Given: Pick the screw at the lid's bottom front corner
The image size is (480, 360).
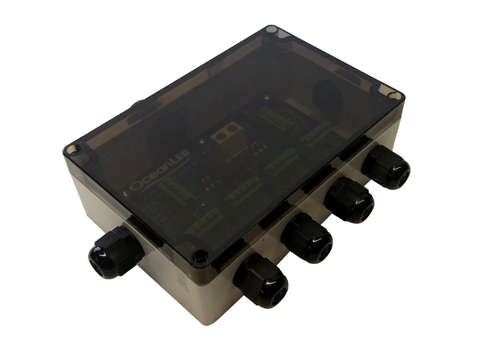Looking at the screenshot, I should (197, 256).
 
